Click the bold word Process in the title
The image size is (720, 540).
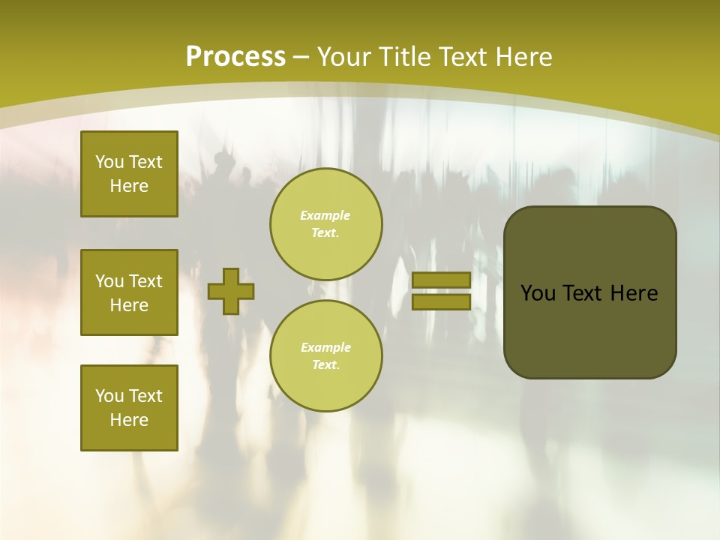point(235,57)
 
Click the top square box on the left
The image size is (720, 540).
point(129,174)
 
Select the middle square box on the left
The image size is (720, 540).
point(129,292)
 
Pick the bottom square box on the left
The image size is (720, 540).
point(129,407)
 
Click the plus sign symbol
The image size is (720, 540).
point(231,292)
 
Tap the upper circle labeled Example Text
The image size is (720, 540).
point(326,223)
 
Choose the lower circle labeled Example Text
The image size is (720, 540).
point(326,355)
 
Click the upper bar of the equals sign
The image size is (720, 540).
point(441,280)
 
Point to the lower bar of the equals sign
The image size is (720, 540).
point(441,301)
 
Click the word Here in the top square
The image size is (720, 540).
point(129,186)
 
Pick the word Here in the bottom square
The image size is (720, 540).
point(129,420)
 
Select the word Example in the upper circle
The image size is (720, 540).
point(325,215)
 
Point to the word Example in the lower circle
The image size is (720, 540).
point(325,347)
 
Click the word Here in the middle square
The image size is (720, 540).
point(129,305)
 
